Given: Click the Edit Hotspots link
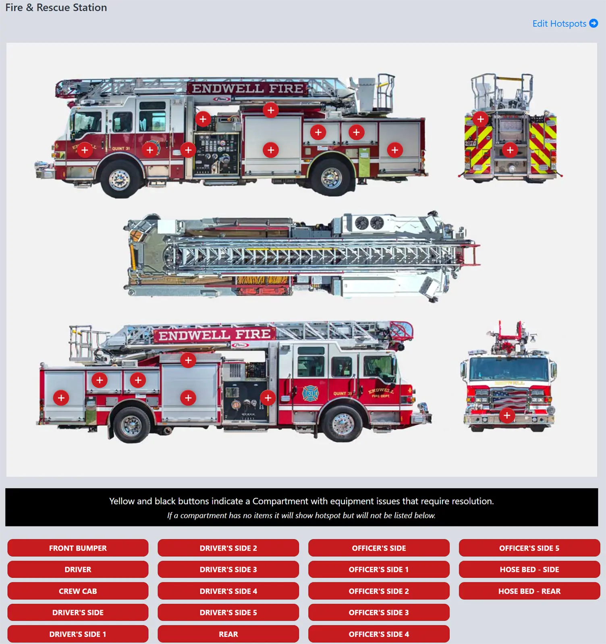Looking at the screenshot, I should click(x=564, y=24).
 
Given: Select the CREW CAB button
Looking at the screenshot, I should click(x=78, y=591).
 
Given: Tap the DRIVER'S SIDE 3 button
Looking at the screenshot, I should click(x=228, y=570).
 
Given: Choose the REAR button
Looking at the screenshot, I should click(x=228, y=634).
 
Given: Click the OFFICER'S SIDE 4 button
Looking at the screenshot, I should click(x=378, y=634).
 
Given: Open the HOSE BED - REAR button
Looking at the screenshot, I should click(x=529, y=591).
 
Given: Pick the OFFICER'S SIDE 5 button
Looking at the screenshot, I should click(x=529, y=548).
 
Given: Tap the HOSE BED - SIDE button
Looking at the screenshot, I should click(x=529, y=570).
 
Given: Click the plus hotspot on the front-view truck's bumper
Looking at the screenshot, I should click(x=507, y=415).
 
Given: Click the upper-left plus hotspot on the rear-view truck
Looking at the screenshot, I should click(x=480, y=119).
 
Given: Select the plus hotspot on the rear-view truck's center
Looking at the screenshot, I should click(x=510, y=150).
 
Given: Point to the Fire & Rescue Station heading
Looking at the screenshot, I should click(x=56, y=8).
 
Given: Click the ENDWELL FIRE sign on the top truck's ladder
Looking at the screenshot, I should click(x=247, y=89).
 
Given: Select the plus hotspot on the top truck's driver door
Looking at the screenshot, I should click(x=85, y=150).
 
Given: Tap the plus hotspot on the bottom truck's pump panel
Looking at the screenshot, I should click(x=268, y=398).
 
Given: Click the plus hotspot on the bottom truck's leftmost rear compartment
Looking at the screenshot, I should click(x=61, y=398).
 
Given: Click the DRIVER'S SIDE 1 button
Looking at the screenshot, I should click(x=78, y=634).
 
